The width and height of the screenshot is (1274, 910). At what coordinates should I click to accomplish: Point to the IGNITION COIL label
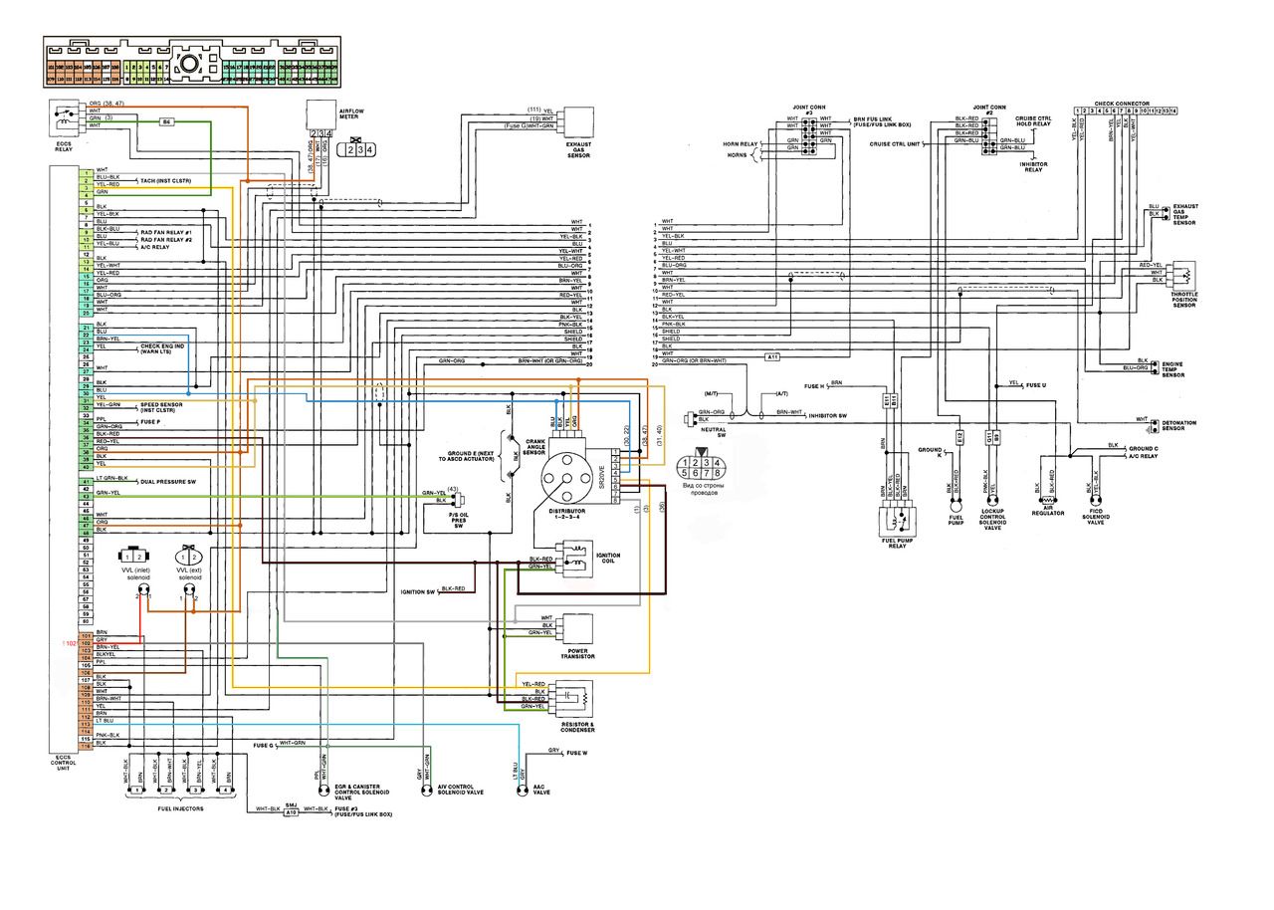608,557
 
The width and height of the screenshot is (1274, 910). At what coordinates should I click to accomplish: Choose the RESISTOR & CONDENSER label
578,728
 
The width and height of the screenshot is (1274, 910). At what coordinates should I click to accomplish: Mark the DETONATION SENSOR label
1178,425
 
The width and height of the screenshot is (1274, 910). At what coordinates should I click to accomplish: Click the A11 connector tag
772,356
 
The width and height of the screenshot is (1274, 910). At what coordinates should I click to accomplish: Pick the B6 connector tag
167,121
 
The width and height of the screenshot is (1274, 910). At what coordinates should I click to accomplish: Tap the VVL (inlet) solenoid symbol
134,555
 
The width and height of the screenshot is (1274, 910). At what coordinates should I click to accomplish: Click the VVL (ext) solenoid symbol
189,555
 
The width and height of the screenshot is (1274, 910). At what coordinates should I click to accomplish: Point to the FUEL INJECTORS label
180,808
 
